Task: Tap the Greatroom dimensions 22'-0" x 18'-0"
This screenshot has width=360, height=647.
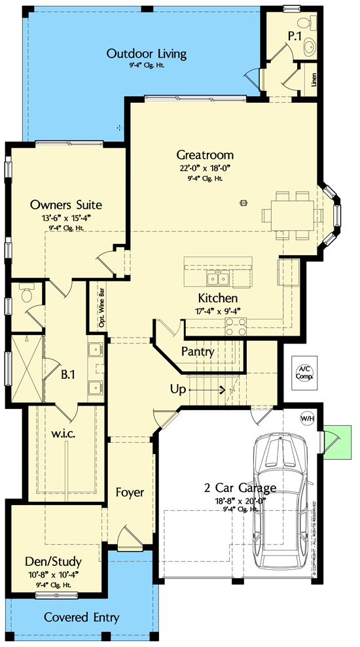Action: [205, 167]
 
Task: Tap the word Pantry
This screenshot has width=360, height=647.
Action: [198, 352]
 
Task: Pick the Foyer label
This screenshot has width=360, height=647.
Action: [130, 491]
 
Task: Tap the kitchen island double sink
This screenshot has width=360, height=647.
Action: [217, 279]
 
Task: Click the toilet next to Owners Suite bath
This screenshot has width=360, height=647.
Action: [27, 294]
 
